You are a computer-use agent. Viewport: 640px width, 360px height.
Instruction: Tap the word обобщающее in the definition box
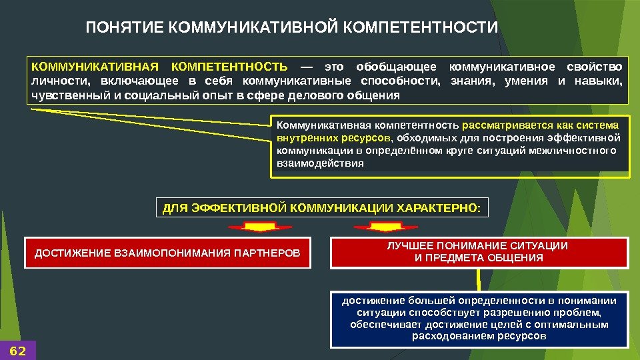397,67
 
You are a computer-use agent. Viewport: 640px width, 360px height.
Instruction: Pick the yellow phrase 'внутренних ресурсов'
333,138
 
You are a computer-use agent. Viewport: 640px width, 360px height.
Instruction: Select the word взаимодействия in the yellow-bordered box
320,163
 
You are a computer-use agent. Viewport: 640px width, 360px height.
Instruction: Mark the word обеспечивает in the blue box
382,325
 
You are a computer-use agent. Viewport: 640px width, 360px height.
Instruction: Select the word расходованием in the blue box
453,337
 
